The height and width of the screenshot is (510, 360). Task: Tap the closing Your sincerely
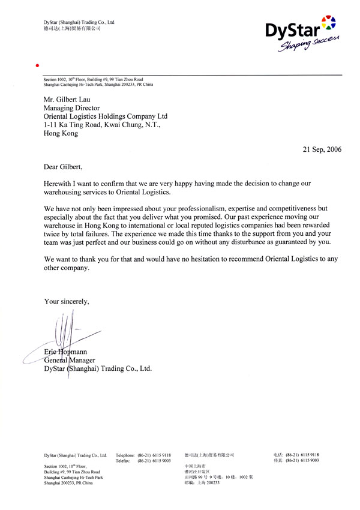point(67,301)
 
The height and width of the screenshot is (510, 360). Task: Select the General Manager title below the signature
point(71,359)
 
